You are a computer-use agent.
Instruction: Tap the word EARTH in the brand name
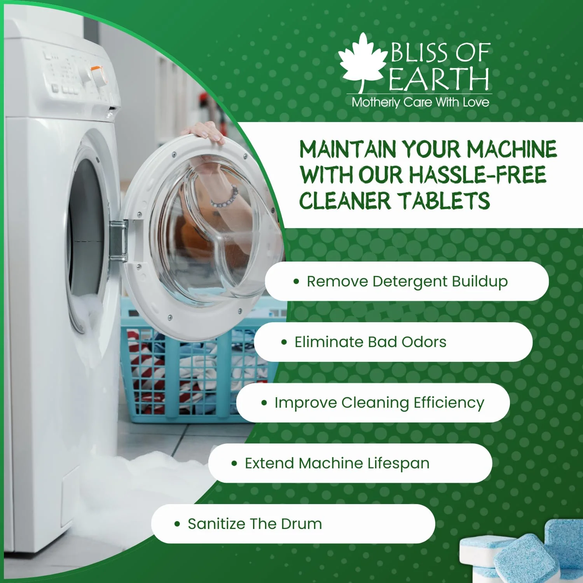439,79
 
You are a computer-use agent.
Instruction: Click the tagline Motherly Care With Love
420,102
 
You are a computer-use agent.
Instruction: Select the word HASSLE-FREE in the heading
478,175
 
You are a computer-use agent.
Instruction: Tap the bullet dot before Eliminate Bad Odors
284,342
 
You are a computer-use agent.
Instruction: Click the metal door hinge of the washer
119,241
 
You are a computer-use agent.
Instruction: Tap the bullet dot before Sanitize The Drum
177,524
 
